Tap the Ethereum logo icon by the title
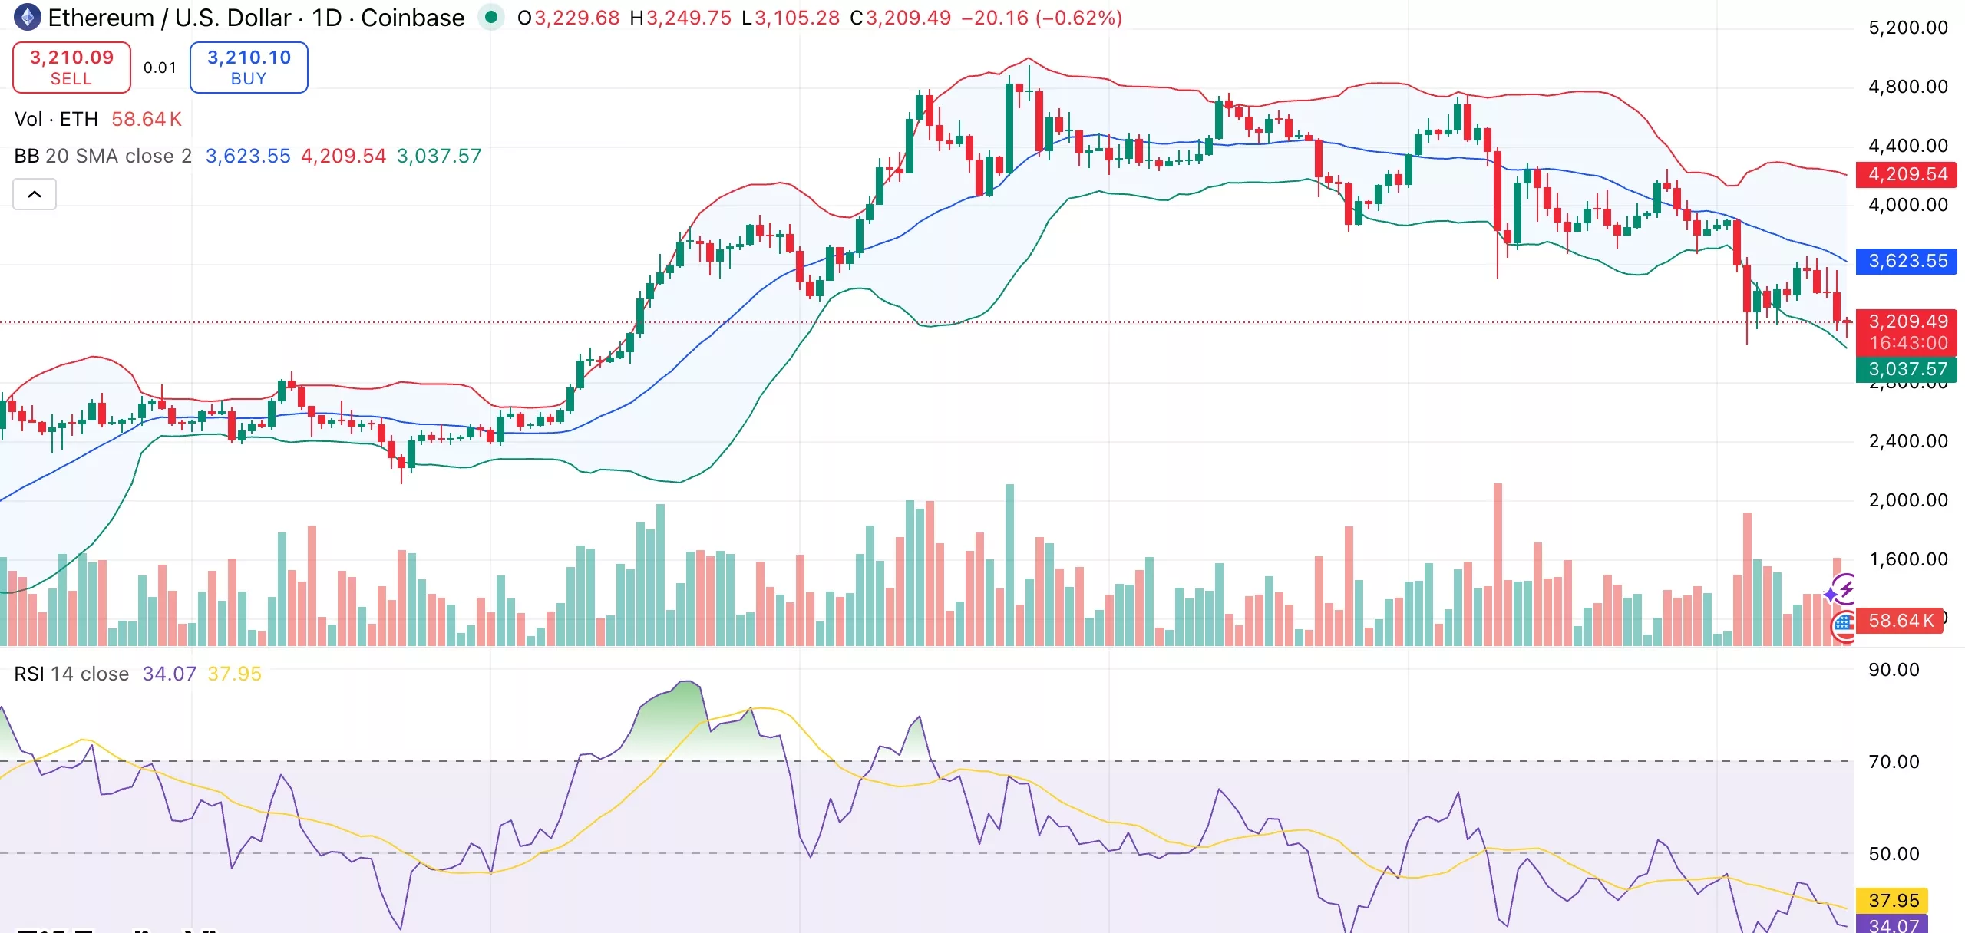[28, 18]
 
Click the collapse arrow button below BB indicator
[35, 194]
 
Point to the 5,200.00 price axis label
[1907, 28]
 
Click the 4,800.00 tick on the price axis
[1907, 87]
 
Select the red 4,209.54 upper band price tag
[1907, 174]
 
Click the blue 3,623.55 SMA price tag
[1907, 261]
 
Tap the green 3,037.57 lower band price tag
[1907, 369]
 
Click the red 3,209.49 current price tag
[1907, 322]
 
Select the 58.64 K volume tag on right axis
[1899, 620]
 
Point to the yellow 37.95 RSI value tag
[1893, 900]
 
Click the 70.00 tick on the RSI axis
[1893, 762]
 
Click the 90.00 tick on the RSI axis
[1893, 670]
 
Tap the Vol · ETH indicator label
[56, 119]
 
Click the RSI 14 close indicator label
[71, 674]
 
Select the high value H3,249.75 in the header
[680, 18]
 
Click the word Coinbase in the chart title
[412, 18]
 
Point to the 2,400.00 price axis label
[1907, 441]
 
